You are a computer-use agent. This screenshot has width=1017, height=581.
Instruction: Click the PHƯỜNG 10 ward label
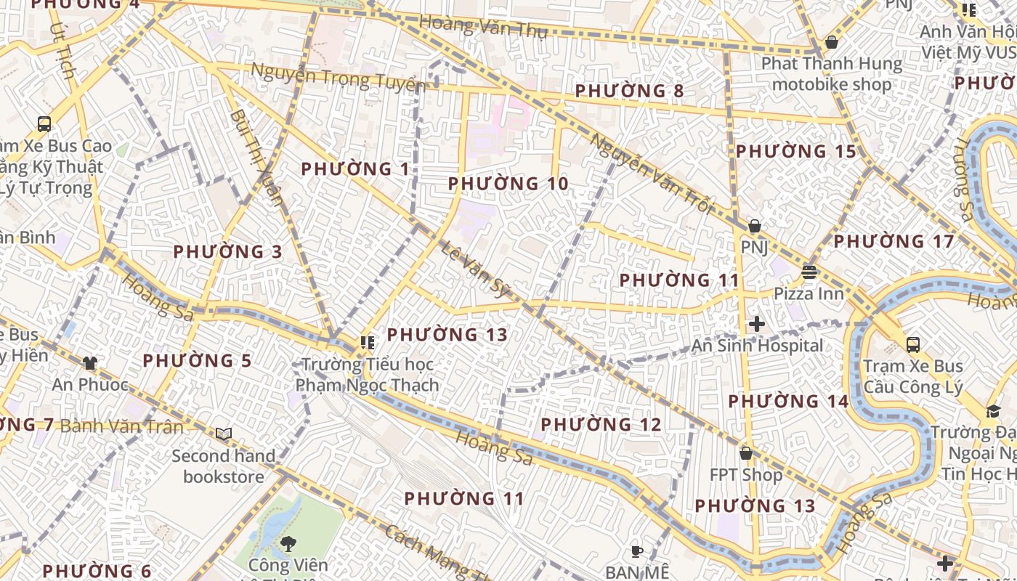508,184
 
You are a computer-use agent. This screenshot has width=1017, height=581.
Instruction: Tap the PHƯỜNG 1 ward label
355,169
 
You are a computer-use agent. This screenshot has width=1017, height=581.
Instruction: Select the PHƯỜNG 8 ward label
629,92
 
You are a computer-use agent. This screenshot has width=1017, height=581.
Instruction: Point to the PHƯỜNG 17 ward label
894,241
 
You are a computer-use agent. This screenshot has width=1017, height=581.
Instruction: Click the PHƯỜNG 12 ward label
601,424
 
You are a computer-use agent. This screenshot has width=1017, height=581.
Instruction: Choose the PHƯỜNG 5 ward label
197,361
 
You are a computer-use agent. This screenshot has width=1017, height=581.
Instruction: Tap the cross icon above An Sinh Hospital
756,324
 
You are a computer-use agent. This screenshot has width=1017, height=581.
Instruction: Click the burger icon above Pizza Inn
809,272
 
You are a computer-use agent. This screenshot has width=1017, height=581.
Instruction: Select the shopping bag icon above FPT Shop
745,453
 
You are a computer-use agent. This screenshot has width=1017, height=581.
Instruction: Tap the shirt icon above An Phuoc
89,362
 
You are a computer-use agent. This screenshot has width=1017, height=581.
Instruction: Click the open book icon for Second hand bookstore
224,434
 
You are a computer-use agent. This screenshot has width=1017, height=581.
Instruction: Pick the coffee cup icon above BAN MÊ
637,551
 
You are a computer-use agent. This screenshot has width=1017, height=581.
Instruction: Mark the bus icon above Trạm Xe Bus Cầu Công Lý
912,344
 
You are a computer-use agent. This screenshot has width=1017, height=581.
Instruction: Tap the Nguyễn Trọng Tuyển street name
339,77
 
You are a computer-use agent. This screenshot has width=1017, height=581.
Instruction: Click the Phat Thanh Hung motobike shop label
832,74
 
